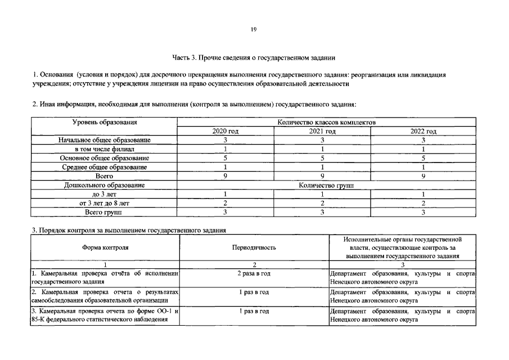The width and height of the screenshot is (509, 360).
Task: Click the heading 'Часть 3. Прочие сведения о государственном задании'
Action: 254,57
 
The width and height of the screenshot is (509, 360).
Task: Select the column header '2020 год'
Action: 225,131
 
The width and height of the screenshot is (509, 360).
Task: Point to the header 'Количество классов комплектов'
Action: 326,122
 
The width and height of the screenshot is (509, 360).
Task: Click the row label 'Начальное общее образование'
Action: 104,140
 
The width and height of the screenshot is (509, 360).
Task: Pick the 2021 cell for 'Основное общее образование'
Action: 323,158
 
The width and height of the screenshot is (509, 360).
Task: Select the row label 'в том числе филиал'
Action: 104,149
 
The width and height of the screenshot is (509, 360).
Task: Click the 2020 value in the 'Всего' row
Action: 225,176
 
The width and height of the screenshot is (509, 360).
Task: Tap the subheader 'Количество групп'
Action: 326,185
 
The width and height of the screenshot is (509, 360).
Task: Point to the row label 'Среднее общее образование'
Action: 104,167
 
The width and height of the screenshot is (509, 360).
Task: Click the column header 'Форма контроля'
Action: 105,247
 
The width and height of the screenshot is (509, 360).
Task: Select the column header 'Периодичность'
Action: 254,247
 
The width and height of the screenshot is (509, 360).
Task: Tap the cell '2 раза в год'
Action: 254,273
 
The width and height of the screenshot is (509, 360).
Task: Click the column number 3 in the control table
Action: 403,265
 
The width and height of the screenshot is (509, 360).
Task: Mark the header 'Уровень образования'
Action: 105,122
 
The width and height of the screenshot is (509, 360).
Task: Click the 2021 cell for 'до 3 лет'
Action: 323,194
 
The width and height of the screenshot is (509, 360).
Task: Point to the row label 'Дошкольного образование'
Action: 104,185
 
